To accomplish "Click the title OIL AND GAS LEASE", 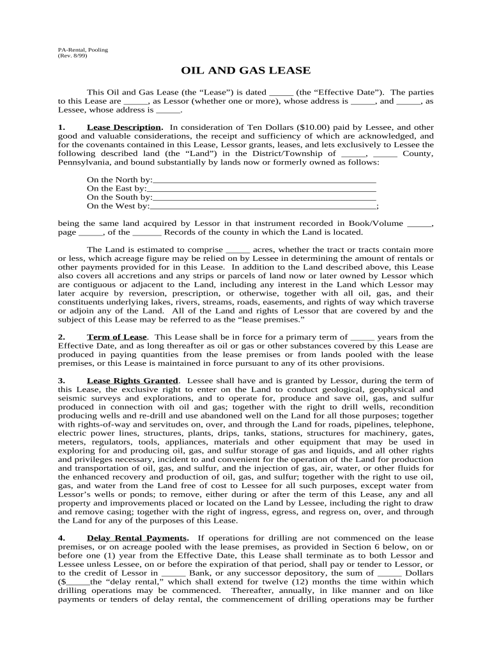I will point(246,70).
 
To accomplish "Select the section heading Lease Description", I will point(124,127).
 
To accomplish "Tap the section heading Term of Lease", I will point(117,336).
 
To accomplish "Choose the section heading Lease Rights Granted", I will point(132,380).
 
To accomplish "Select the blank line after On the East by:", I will point(261,189).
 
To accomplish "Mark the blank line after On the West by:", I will point(263,207).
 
